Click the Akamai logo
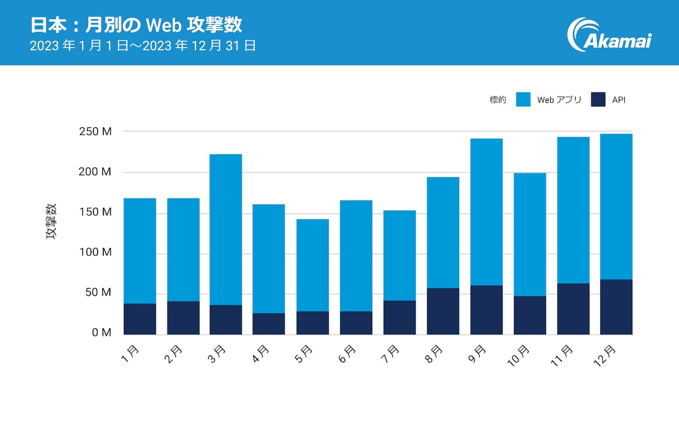tap(609, 35)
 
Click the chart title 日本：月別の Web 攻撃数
tap(136, 25)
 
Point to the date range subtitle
tap(142, 46)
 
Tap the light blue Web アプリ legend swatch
tap(523, 99)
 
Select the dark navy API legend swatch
tap(598, 99)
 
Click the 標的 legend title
tap(497, 100)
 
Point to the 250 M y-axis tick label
tap(95, 132)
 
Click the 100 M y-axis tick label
tap(95, 252)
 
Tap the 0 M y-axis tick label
tap(101, 333)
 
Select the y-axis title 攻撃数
tap(51, 221)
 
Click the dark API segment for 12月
tap(616, 307)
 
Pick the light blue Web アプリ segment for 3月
tap(226, 230)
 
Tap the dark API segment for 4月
tap(269, 324)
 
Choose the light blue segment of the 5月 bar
tap(313, 265)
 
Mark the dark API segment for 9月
tap(486, 310)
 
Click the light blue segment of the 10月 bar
tap(530, 234)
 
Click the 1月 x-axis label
tap(130, 354)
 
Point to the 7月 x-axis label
tap(390, 354)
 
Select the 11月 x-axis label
tap(562, 356)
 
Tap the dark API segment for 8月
tap(443, 311)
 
